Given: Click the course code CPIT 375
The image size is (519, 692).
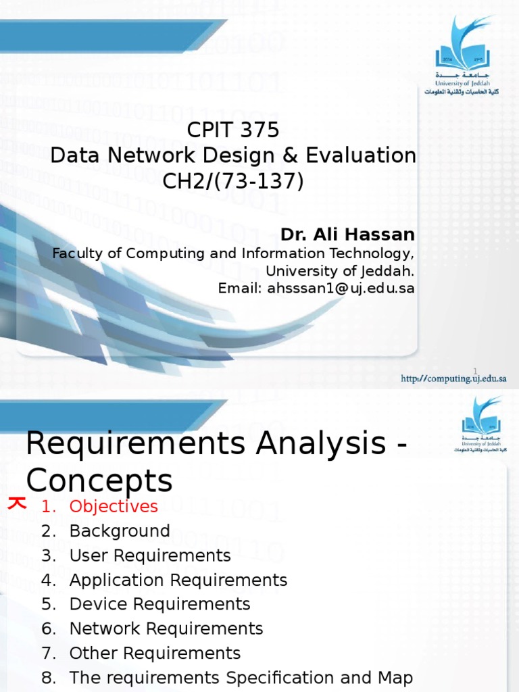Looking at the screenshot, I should [233, 130].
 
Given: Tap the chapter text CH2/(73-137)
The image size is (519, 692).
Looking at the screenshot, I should [233, 181].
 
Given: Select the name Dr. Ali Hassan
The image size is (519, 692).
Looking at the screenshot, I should [347, 234].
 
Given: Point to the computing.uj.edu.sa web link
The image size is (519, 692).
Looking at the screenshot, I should [453, 378].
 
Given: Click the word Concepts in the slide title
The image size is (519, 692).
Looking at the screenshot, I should [99, 481].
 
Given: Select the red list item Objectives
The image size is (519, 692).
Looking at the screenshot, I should [114, 506].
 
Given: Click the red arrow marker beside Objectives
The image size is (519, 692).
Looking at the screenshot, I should [16, 503].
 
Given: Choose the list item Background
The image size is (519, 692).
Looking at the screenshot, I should [120, 531].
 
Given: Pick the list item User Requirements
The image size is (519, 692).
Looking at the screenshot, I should [150, 555].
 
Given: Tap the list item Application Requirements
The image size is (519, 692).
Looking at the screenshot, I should [178, 580].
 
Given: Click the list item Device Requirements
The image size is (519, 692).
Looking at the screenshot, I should [159, 604].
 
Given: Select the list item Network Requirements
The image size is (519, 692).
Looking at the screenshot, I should [166, 628].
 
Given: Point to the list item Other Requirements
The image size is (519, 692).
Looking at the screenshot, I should [155, 653].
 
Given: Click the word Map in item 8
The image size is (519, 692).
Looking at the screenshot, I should [395, 678].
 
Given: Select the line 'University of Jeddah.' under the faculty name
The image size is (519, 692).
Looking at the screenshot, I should [339, 271].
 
